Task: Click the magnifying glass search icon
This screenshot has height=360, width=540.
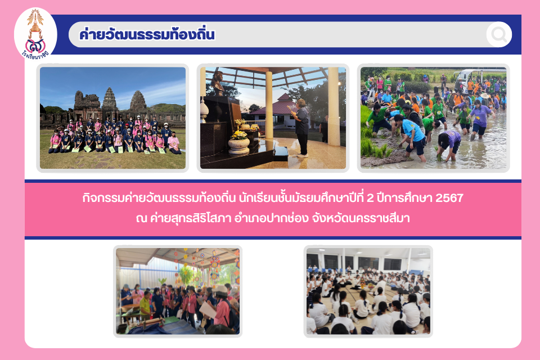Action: tap(499, 34)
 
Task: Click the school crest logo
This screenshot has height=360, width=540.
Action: tap(35, 34)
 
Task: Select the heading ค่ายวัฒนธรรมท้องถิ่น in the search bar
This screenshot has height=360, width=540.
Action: tap(147, 34)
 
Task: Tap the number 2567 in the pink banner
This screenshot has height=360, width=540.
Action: tap(449, 198)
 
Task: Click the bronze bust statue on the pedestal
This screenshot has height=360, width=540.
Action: tap(217, 83)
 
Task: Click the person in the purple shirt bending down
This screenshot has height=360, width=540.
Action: tap(449, 145)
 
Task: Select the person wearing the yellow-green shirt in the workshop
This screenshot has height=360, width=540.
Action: tap(145, 305)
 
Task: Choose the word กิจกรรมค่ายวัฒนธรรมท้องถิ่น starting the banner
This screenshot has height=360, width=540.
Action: tap(159, 198)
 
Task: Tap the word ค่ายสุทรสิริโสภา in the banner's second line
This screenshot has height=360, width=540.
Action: tap(190, 218)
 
